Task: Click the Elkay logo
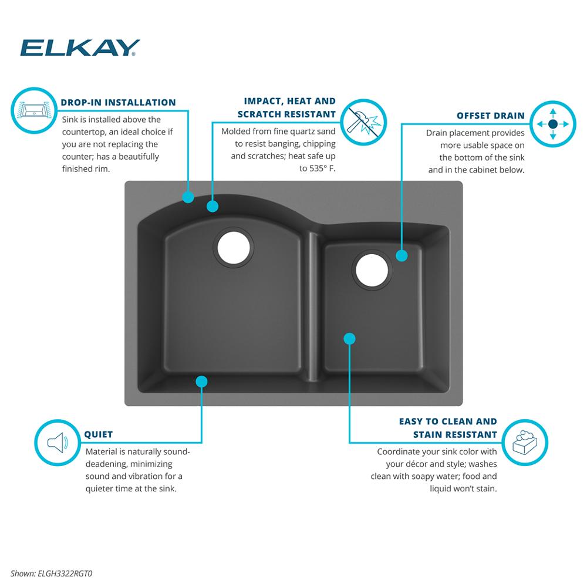pos(80,48)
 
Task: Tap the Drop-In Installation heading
pos(119,103)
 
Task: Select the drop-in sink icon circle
pos(34,110)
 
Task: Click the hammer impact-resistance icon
pos(364,122)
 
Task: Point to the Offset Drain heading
pos(490,116)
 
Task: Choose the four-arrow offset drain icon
pos(553,124)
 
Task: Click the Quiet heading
pos(99,434)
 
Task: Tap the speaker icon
pos(58,443)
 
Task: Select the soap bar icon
pos(525,443)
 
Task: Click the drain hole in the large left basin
pos(234,248)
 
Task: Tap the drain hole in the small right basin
pos(372,270)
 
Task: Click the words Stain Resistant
pos(455,434)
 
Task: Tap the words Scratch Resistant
pos(286,114)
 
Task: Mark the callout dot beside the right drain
pos(402,256)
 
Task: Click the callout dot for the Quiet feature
pos(201,382)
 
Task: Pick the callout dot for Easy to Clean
pos(349,339)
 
